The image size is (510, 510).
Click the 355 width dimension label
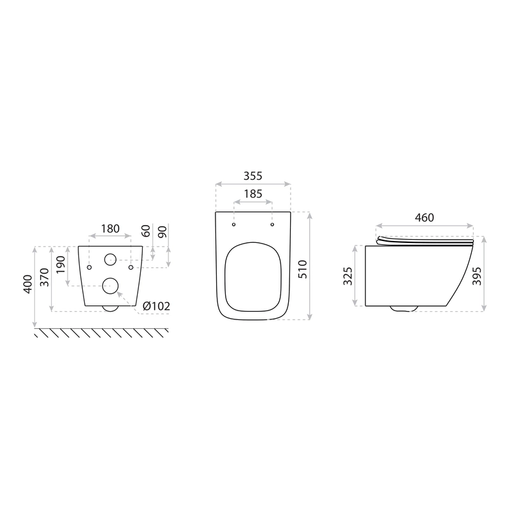[252, 176]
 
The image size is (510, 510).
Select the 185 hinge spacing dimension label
[252, 194]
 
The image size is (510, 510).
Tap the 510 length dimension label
[302, 269]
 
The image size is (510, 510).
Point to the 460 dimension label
[425, 217]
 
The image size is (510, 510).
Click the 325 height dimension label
[348, 276]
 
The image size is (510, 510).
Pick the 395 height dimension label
[477, 276]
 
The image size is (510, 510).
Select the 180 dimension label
[110, 229]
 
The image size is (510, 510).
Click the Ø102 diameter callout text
[156, 306]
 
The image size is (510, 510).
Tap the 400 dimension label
[28, 284]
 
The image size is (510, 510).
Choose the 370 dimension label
[44, 277]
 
